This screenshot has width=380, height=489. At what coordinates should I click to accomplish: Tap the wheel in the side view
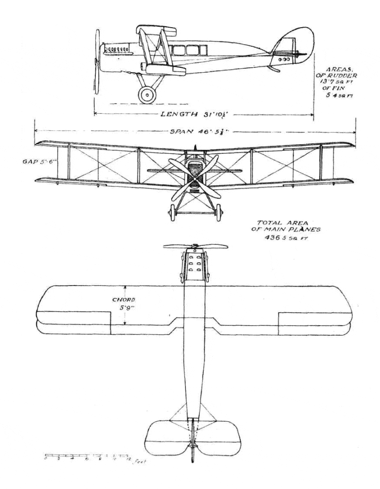(x=147, y=95)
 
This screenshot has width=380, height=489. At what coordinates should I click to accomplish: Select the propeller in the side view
(x=97, y=61)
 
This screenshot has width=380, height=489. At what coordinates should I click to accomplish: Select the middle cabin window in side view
(x=193, y=50)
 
